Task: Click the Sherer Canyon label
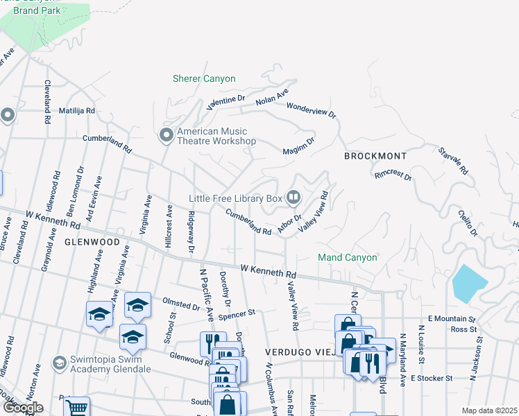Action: coord(204,78)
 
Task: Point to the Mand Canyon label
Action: coord(348,257)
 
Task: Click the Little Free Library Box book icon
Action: coord(293,198)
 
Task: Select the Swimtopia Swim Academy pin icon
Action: coord(59,363)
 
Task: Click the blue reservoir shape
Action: coord(469,282)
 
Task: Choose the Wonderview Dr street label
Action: coord(311,110)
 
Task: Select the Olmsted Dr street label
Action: coord(181,304)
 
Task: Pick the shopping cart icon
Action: coord(76,408)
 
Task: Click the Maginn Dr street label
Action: coord(298,146)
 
